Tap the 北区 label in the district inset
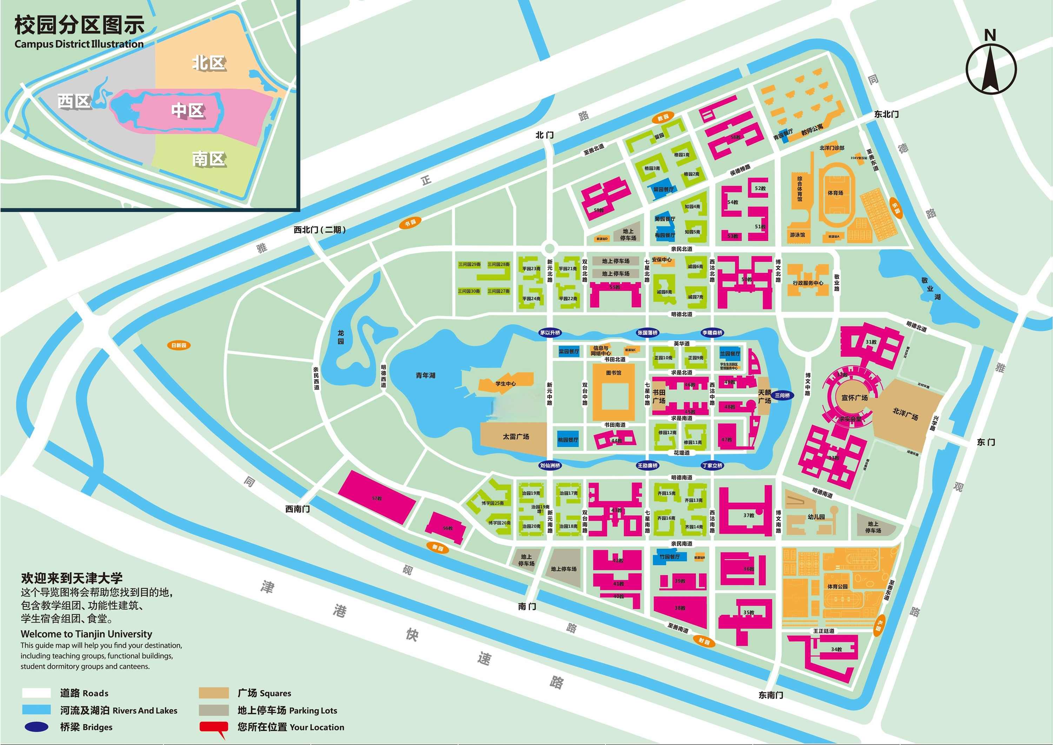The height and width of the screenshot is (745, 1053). coord(209,63)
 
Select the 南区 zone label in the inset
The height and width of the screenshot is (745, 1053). coord(209,159)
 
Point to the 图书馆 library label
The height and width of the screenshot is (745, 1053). coord(613,373)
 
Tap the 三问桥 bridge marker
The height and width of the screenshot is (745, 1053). coord(782,395)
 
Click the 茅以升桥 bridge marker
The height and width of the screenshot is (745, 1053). coord(550,333)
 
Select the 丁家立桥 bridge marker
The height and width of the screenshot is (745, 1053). coord(712,465)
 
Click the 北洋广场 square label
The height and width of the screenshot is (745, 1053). coord(905,413)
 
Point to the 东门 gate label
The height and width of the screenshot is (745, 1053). coord(986,442)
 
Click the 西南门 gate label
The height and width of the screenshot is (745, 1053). coord(297,509)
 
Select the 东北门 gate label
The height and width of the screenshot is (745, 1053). coord(886,114)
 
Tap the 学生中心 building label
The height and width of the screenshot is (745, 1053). coord(505,383)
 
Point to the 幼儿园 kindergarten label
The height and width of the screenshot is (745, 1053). coord(816,517)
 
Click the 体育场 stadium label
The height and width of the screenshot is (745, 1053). coord(835,193)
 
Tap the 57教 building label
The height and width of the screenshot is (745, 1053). coord(377,498)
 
